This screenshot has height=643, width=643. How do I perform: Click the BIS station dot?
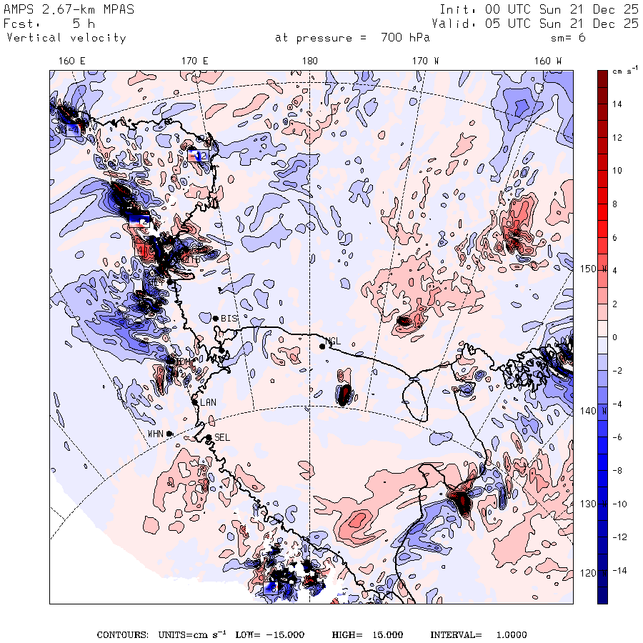click(215, 319)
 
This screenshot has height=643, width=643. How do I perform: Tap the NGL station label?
click(333, 342)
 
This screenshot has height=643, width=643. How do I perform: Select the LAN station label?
click(208, 403)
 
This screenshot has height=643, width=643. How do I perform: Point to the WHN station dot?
click(169, 434)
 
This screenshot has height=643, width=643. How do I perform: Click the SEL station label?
click(222, 437)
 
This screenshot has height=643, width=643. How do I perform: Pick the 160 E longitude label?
click(71, 61)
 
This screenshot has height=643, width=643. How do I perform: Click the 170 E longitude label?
click(195, 61)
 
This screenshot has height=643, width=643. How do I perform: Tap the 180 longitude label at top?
click(309, 61)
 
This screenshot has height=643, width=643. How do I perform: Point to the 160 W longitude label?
click(548, 61)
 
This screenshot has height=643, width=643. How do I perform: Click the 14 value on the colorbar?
click(617, 104)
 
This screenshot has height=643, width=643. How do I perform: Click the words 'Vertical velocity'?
click(66, 38)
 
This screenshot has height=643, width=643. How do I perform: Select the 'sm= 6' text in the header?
click(569, 38)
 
